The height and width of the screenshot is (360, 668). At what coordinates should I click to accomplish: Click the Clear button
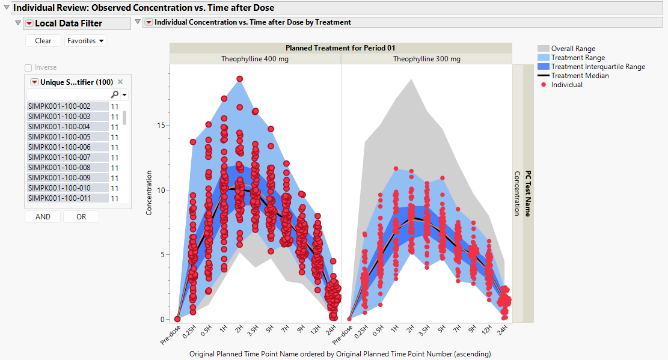point(43,41)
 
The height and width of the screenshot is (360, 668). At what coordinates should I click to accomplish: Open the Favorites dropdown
point(85,41)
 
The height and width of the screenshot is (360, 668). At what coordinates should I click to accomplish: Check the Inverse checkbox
point(28,68)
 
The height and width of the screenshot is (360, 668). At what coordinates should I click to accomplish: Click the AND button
point(43,217)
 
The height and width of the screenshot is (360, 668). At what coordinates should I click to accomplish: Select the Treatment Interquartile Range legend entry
point(598,67)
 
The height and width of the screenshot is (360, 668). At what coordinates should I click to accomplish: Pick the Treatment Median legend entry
point(580,76)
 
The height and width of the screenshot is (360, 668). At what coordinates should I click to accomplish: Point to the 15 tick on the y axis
point(161,126)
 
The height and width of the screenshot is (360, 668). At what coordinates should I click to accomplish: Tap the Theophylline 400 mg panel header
point(255,59)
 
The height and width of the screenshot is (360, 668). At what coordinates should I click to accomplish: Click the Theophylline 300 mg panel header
point(426,59)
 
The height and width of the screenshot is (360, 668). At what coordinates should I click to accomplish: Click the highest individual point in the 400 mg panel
point(239,79)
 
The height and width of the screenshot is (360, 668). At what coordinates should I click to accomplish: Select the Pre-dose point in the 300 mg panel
point(349,319)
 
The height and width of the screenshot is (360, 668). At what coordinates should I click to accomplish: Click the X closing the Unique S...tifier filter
point(120,82)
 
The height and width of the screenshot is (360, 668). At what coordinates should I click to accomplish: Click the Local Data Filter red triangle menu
point(28,23)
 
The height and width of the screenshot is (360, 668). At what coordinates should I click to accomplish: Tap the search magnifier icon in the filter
point(114,95)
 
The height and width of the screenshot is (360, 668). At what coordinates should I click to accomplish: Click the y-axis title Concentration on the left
point(149,192)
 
